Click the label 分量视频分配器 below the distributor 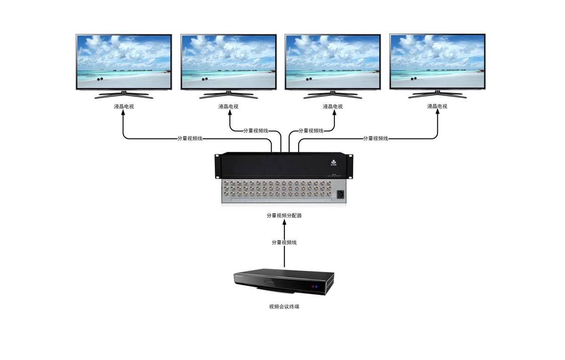coord(284,215)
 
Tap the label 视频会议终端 coord(284,306)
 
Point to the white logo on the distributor coord(334,163)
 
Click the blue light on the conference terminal coord(317,286)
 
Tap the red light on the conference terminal coord(311,286)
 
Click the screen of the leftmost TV coord(124,61)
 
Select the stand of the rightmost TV coord(437,94)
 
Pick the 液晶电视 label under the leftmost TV coord(124,106)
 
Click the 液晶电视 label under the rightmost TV coord(437,106)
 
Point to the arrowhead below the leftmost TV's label coord(124,115)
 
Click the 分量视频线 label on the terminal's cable coord(284,242)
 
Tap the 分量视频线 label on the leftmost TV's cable coord(190,138)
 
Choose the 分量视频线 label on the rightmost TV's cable coord(376,138)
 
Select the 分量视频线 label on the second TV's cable coord(256,131)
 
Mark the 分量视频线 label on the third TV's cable coord(311,131)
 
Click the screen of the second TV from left coord(228,61)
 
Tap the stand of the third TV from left coord(333,94)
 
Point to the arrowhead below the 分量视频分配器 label coord(284,222)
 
